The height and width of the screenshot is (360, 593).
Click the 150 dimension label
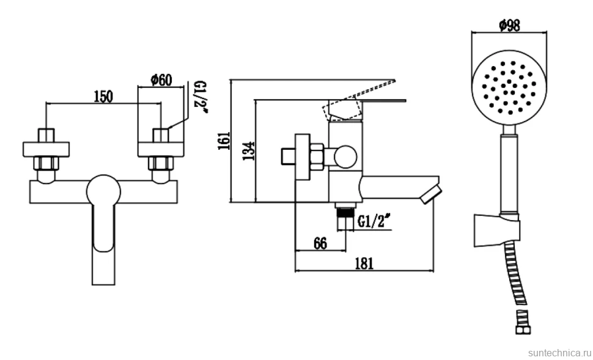[x=103, y=97]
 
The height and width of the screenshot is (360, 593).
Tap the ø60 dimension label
[x=161, y=80]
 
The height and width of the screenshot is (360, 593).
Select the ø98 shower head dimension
[x=509, y=25]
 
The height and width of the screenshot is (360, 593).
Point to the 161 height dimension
[x=224, y=141]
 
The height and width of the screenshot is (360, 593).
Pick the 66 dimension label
[x=320, y=243]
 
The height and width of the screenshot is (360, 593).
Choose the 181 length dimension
[x=364, y=263]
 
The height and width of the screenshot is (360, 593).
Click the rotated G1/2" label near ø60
[x=199, y=97]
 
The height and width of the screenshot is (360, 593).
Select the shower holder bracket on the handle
[x=497, y=230]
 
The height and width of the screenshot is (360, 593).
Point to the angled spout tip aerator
[x=431, y=194]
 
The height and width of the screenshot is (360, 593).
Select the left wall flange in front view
[x=46, y=149]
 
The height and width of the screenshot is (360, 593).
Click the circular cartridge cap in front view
[x=103, y=191]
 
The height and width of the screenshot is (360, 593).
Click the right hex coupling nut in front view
[x=161, y=163]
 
